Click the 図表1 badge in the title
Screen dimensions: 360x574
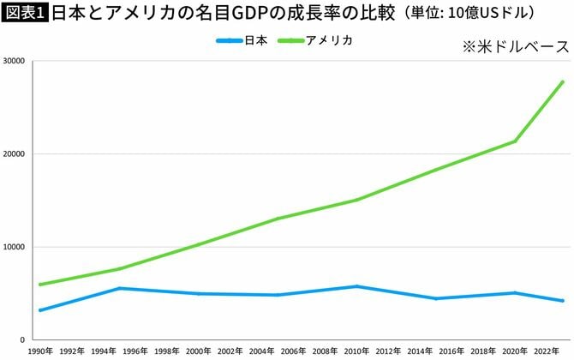pyautogui.click(x=26, y=13)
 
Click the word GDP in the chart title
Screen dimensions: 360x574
pyautogui.click(x=242, y=13)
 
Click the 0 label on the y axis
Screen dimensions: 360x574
pyautogui.click(x=24, y=339)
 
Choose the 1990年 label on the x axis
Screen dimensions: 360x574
pyautogui.click(x=40, y=351)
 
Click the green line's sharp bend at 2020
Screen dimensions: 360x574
pyautogui.click(x=514, y=141)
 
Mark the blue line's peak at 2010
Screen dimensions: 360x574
pyautogui.click(x=356, y=286)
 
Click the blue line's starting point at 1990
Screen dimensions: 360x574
pyautogui.click(x=40, y=310)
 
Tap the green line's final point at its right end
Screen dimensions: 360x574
pyautogui.click(x=562, y=82)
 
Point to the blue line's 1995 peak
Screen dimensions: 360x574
pyautogui.click(x=120, y=288)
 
